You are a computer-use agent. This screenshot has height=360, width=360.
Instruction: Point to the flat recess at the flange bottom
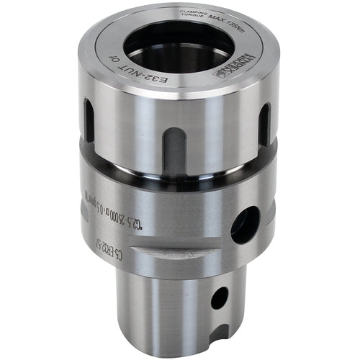click(x=173, y=256)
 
